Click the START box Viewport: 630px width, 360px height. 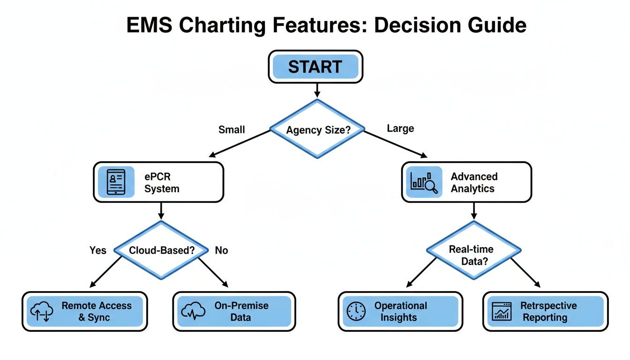click(315, 67)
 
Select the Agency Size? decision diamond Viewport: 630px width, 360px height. click(317, 129)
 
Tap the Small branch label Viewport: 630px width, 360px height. click(232, 129)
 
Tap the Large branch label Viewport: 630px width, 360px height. click(400, 128)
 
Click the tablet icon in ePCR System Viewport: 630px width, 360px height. click(116, 182)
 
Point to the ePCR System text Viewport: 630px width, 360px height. click(162, 183)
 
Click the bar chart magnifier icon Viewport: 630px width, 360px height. click(424, 182)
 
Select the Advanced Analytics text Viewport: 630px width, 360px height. click(473, 182)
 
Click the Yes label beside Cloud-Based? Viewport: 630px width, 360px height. click(98, 250)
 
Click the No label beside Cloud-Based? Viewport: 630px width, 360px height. click(221, 250)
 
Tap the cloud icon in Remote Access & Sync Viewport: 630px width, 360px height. click(42, 311)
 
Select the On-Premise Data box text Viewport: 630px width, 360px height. click(241, 311)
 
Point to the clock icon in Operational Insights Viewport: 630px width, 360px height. click(356, 311)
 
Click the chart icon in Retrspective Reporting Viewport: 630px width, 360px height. click(502, 311)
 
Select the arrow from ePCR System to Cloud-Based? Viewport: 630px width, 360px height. click(161, 211)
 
